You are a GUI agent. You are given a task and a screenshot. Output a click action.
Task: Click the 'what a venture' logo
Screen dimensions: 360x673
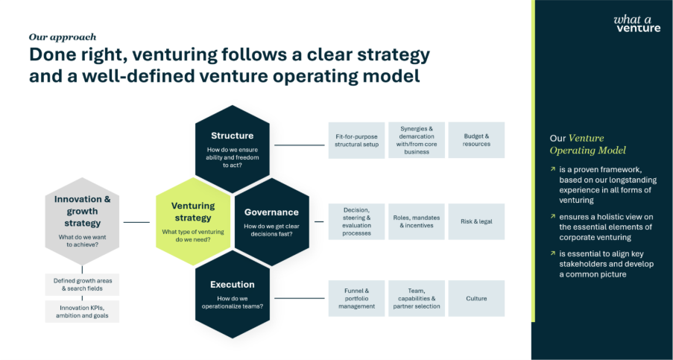636,23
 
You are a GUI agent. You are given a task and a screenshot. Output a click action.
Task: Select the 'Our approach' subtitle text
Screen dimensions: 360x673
62,37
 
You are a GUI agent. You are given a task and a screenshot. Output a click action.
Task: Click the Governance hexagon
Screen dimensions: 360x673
271,221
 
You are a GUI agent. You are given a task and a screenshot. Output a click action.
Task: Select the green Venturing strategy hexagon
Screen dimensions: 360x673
192,221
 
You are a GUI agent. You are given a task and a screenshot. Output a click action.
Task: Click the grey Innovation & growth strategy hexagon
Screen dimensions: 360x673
81,221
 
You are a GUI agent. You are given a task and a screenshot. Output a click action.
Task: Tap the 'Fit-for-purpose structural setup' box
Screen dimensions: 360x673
356,140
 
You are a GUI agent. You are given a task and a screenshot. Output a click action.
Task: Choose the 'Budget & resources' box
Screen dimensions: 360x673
476,140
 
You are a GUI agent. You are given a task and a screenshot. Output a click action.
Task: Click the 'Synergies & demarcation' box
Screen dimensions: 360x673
416,140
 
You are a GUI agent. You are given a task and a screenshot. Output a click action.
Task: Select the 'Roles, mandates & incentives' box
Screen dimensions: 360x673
416,221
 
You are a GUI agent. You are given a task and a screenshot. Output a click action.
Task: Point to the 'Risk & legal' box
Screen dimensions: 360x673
476,221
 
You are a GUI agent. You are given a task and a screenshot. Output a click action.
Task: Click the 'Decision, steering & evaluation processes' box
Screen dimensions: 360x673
356,221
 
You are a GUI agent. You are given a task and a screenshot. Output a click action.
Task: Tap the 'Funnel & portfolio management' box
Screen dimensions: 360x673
356,298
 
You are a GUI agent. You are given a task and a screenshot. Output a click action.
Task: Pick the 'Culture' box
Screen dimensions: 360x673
476,298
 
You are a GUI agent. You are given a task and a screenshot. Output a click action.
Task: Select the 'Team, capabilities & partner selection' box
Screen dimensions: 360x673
416,298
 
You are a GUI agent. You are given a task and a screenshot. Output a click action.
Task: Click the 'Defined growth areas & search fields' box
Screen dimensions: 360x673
82,284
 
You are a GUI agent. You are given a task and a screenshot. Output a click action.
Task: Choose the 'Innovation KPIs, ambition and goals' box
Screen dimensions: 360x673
82,311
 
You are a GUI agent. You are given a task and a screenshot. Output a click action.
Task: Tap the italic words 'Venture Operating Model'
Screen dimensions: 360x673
588,145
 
